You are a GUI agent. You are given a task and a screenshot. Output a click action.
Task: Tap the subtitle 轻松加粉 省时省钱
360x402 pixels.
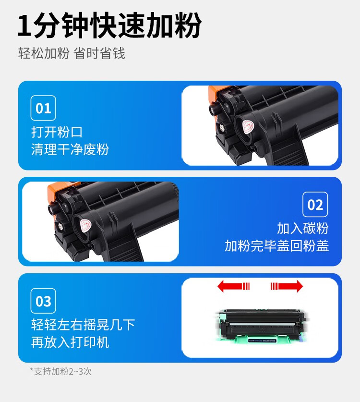pyautogui.click(x=72, y=53)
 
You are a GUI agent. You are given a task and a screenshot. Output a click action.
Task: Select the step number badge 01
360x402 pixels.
pyautogui.click(x=43, y=108)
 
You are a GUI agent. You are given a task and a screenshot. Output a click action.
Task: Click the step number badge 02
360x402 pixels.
pyautogui.click(x=315, y=205)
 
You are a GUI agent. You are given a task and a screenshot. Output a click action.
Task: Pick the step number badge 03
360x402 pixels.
pyautogui.click(x=43, y=301)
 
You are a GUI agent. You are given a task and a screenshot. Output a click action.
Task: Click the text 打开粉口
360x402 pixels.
pyautogui.click(x=57, y=132)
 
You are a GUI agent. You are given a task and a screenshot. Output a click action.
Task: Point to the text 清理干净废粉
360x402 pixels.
pyautogui.click(x=70, y=149)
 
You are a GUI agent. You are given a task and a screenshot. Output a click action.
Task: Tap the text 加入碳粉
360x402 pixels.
pyautogui.click(x=303, y=228)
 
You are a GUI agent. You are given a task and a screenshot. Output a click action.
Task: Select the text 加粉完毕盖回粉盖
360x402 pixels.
pyautogui.click(x=277, y=246)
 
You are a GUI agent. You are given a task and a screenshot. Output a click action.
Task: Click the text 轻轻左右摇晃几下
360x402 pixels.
pyautogui.click(x=83, y=325)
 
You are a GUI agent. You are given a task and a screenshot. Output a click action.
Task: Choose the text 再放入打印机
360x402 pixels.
pyautogui.click(x=70, y=342)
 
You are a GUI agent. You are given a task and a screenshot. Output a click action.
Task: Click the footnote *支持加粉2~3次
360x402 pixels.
pyautogui.click(x=60, y=371)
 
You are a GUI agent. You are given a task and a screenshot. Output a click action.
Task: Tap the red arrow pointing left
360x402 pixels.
pyautogui.click(x=233, y=286)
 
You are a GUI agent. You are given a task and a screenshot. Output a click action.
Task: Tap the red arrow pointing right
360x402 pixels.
pyautogui.click(x=287, y=286)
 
